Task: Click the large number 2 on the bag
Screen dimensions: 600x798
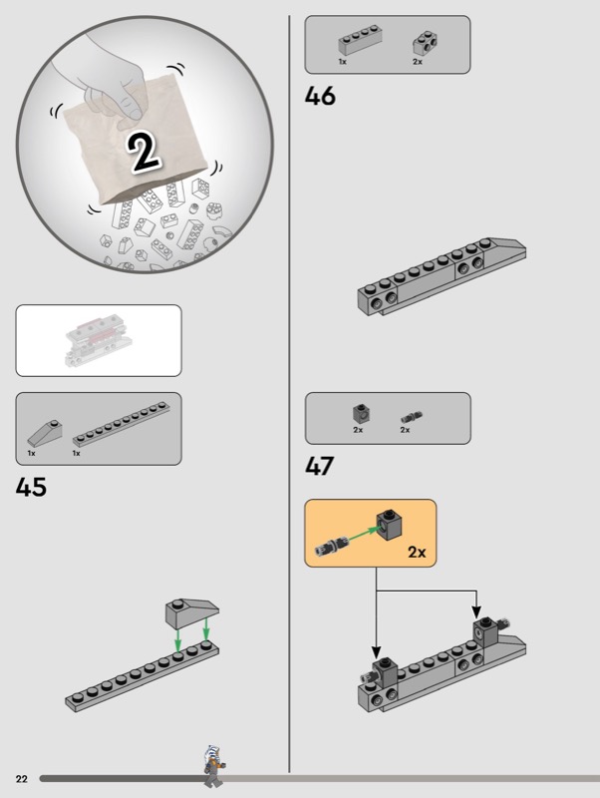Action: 146,151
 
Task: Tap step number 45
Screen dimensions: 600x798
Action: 32,489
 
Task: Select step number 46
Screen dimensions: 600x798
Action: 320,98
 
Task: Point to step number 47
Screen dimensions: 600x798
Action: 320,467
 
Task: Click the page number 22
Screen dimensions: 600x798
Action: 20,778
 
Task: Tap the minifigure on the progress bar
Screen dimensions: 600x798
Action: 211,764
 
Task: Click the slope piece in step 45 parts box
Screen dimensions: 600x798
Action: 44,434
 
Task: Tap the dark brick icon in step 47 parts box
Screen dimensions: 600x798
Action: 359,414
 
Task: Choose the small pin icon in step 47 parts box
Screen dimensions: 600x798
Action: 407,415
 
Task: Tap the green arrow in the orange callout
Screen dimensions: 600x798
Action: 360,532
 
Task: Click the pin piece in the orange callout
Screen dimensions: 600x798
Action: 331,545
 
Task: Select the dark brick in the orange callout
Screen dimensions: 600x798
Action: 389,519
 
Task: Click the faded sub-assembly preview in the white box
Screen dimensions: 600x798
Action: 98,341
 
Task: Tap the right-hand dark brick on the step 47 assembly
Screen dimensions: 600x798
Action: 484,631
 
